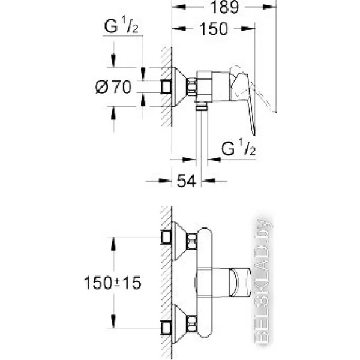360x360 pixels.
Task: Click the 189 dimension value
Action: [x=224, y=7]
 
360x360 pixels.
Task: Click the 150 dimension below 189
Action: [x=214, y=29]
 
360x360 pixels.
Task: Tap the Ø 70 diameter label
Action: [x=113, y=87]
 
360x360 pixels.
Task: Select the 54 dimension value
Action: [x=186, y=181]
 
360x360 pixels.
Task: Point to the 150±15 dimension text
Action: [x=113, y=283]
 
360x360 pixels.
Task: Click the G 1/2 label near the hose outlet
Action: [x=238, y=147]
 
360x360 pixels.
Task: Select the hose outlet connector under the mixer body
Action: [x=202, y=107]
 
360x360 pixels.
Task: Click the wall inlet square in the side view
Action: [x=166, y=87]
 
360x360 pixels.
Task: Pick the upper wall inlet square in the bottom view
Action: [x=166, y=237]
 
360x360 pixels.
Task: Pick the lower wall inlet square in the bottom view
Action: [x=166, y=328]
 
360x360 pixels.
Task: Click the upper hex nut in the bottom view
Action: [x=192, y=241]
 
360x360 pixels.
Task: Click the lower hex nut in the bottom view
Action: [x=192, y=324]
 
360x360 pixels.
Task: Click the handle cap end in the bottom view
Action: [x=240, y=283]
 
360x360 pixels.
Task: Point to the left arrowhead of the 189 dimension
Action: [x=179, y=7]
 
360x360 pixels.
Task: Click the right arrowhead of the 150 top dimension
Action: [x=248, y=28]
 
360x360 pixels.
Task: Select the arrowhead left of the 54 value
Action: [x=165, y=181]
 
